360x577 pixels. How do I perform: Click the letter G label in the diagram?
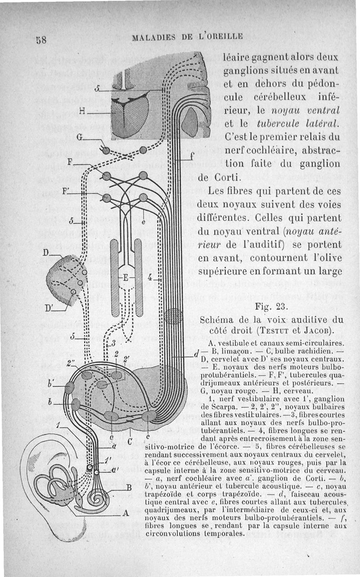point(79,138)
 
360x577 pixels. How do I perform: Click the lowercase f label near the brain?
point(192,157)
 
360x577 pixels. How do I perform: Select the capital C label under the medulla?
point(130,442)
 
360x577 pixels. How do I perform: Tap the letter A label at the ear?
point(126,513)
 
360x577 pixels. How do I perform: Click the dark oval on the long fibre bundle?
point(172,316)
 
